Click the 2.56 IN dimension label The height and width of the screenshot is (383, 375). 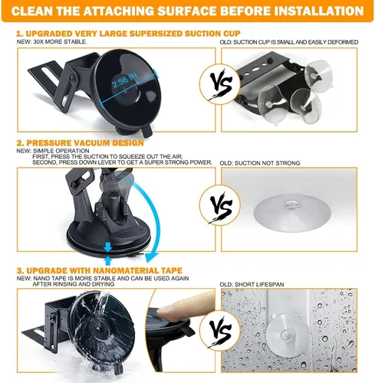[x=124, y=80]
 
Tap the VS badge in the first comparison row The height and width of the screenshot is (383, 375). [x=219, y=84]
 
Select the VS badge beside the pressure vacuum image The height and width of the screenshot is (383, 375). [x=219, y=206]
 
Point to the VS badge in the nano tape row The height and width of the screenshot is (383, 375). [x=219, y=331]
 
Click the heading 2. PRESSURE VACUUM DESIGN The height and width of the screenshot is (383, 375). [x=80, y=143]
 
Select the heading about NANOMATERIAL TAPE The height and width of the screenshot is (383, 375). [x=100, y=270]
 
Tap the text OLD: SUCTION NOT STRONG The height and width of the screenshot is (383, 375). [x=260, y=163]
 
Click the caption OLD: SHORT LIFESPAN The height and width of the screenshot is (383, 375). [x=252, y=284]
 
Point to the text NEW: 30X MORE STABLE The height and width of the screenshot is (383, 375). [x=52, y=42]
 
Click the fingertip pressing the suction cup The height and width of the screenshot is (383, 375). [x=176, y=306]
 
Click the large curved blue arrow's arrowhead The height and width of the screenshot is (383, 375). [x=152, y=257]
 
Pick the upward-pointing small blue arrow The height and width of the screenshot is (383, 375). [x=108, y=260]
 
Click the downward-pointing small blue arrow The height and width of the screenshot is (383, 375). [x=108, y=247]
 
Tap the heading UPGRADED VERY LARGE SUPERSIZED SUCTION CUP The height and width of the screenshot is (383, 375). [x=128, y=34]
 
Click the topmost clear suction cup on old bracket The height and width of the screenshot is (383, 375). [x=318, y=73]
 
